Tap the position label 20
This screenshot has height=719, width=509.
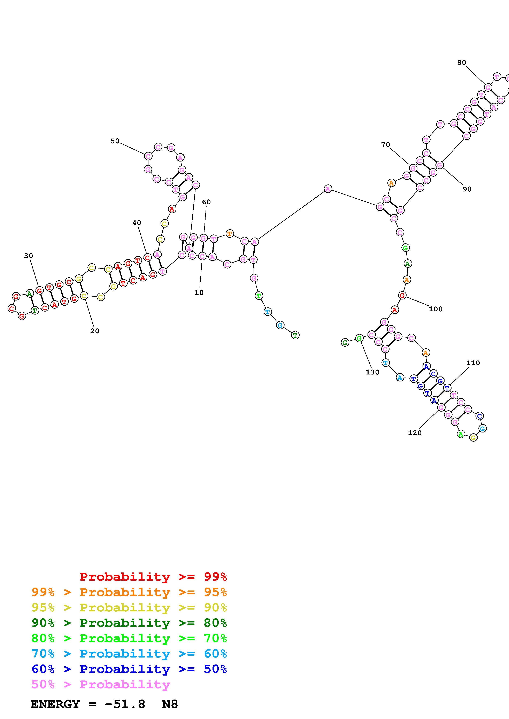click(95, 331)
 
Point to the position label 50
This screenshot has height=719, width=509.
click(115, 141)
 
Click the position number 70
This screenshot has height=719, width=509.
click(385, 145)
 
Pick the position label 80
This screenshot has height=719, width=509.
click(462, 63)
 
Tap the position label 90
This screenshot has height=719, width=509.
click(467, 189)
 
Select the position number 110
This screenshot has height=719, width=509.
click(473, 363)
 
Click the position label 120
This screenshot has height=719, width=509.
click(415, 433)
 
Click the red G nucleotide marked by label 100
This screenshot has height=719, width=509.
click(402, 295)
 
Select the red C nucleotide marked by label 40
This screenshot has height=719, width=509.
click(147, 258)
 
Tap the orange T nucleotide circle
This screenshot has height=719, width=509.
click(230, 234)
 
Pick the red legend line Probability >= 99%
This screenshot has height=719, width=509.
click(153, 577)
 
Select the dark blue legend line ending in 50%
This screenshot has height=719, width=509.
click(129, 669)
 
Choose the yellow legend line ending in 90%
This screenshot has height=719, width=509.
click(129, 608)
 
